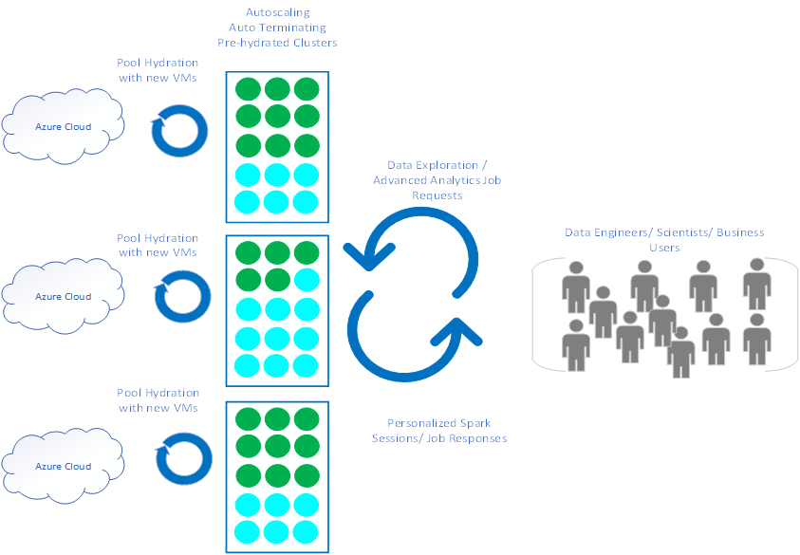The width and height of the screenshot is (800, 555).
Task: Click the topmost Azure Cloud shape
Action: pyautogui.click(x=63, y=126)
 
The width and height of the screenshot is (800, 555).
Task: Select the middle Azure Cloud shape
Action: pyautogui.click(x=63, y=296)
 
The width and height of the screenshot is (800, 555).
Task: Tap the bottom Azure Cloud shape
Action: pyautogui.click(x=63, y=466)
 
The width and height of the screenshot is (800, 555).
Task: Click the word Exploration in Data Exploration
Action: pyautogui.click(x=443, y=166)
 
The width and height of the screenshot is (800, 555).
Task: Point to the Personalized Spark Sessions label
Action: pyautogui.click(x=438, y=423)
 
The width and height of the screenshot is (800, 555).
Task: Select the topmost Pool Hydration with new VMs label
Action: pyautogui.click(x=158, y=71)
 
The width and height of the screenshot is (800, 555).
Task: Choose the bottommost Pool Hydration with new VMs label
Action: pyautogui.click(x=158, y=399)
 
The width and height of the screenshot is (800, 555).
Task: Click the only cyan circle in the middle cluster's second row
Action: pyautogui.click(x=306, y=280)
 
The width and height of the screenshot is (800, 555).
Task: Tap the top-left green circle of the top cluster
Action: pyautogui.click(x=248, y=89)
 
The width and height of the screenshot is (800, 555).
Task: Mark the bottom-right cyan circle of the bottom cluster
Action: pyautogui.click(x=306, y=532)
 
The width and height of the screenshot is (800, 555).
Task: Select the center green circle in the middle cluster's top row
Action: pyautogui.click(x=277, y=252)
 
